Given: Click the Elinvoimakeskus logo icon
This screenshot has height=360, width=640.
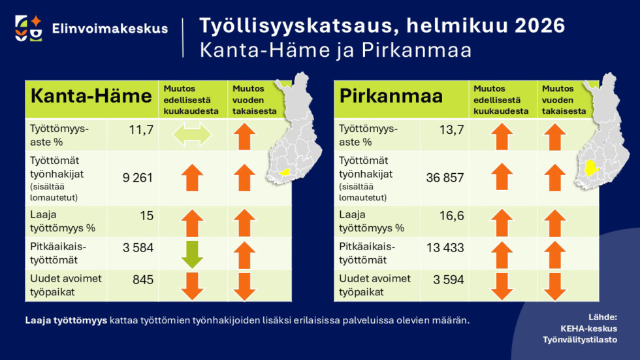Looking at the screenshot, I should (29, 27).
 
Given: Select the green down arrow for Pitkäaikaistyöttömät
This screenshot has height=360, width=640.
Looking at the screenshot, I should (191, 254).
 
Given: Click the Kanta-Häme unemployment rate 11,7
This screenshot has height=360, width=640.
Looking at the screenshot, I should (141, 130).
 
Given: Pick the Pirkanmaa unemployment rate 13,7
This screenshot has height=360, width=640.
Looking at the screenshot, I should (451, 130).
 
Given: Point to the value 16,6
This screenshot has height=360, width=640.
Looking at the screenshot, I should (451, 215).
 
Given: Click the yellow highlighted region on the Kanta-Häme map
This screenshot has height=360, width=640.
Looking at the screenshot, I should (284, 171).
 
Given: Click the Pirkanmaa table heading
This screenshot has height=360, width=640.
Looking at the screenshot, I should (391, 97).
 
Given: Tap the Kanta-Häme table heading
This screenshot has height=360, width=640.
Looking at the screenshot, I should (91, 97).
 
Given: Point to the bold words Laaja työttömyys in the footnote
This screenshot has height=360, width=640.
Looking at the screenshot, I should (66, 321).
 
